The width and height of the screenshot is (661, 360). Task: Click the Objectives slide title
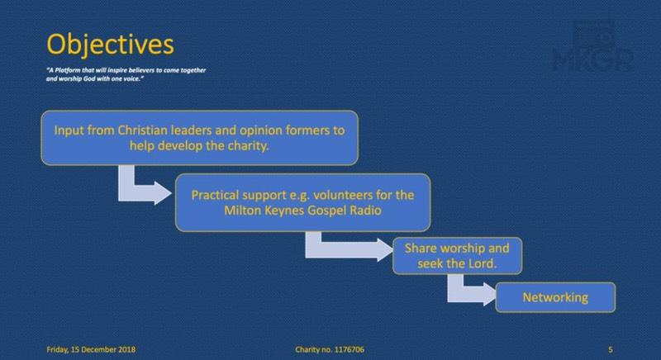(110, 45)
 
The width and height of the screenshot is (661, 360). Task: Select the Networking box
(555, 297)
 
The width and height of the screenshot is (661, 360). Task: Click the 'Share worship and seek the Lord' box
(457, 256)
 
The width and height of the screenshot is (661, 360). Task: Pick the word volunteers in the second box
(342, 195)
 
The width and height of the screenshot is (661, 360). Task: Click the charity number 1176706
(348, 349)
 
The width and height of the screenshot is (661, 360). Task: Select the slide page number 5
(611, 349)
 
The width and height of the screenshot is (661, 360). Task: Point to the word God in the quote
(89, 78)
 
